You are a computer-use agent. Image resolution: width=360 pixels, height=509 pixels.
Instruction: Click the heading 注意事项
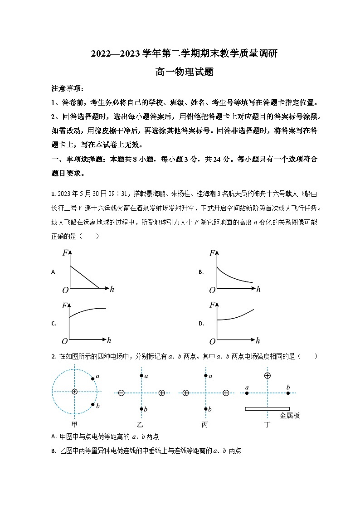67,88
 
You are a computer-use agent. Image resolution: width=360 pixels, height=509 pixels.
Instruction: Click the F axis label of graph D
212,305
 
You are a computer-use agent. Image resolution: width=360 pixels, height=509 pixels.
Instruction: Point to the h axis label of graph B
258,289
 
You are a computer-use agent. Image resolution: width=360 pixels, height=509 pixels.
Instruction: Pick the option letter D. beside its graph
201,324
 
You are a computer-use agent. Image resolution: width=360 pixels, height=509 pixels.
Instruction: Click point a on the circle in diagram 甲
92,378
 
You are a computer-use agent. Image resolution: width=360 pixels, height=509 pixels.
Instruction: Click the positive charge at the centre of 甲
74,392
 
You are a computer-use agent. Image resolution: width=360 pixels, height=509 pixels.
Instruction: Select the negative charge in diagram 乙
122,393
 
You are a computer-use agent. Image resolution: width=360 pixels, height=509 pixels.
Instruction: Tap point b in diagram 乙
141,409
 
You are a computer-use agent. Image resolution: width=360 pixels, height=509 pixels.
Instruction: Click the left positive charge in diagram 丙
185,393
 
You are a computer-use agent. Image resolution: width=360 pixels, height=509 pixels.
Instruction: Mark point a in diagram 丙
206,376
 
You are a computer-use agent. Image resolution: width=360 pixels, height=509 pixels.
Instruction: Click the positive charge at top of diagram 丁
268,375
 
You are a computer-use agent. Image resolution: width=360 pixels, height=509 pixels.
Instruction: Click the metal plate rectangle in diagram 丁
267,409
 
